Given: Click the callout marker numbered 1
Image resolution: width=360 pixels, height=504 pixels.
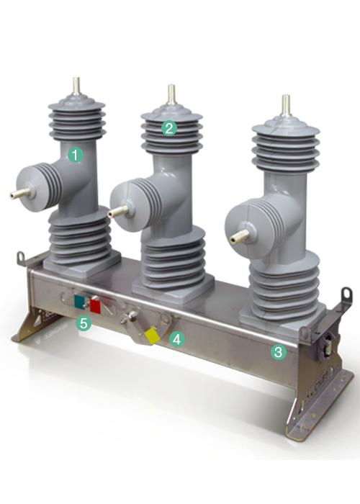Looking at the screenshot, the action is [x=76, y=155].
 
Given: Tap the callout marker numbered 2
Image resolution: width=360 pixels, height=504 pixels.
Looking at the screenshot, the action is [x=169, y=128].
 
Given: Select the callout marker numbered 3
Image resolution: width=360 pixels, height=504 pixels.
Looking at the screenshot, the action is [x=279, y=352].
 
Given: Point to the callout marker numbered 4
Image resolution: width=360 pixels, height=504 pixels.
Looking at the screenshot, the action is [x=177, y=339].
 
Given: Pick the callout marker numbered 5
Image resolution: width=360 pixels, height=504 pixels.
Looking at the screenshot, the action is [x=84, y=323].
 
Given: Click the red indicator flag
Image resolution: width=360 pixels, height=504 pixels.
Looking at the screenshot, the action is [x=95, y=306].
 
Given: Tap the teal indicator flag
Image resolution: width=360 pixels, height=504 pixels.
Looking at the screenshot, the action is [x=79, y=302].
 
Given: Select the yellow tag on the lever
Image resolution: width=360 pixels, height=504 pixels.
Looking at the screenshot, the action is [x=152, y=336].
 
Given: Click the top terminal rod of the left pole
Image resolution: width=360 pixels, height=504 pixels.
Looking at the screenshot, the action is [x=76, y=86].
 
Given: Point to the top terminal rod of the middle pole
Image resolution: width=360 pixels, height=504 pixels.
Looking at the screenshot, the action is [x=171, y=94].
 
